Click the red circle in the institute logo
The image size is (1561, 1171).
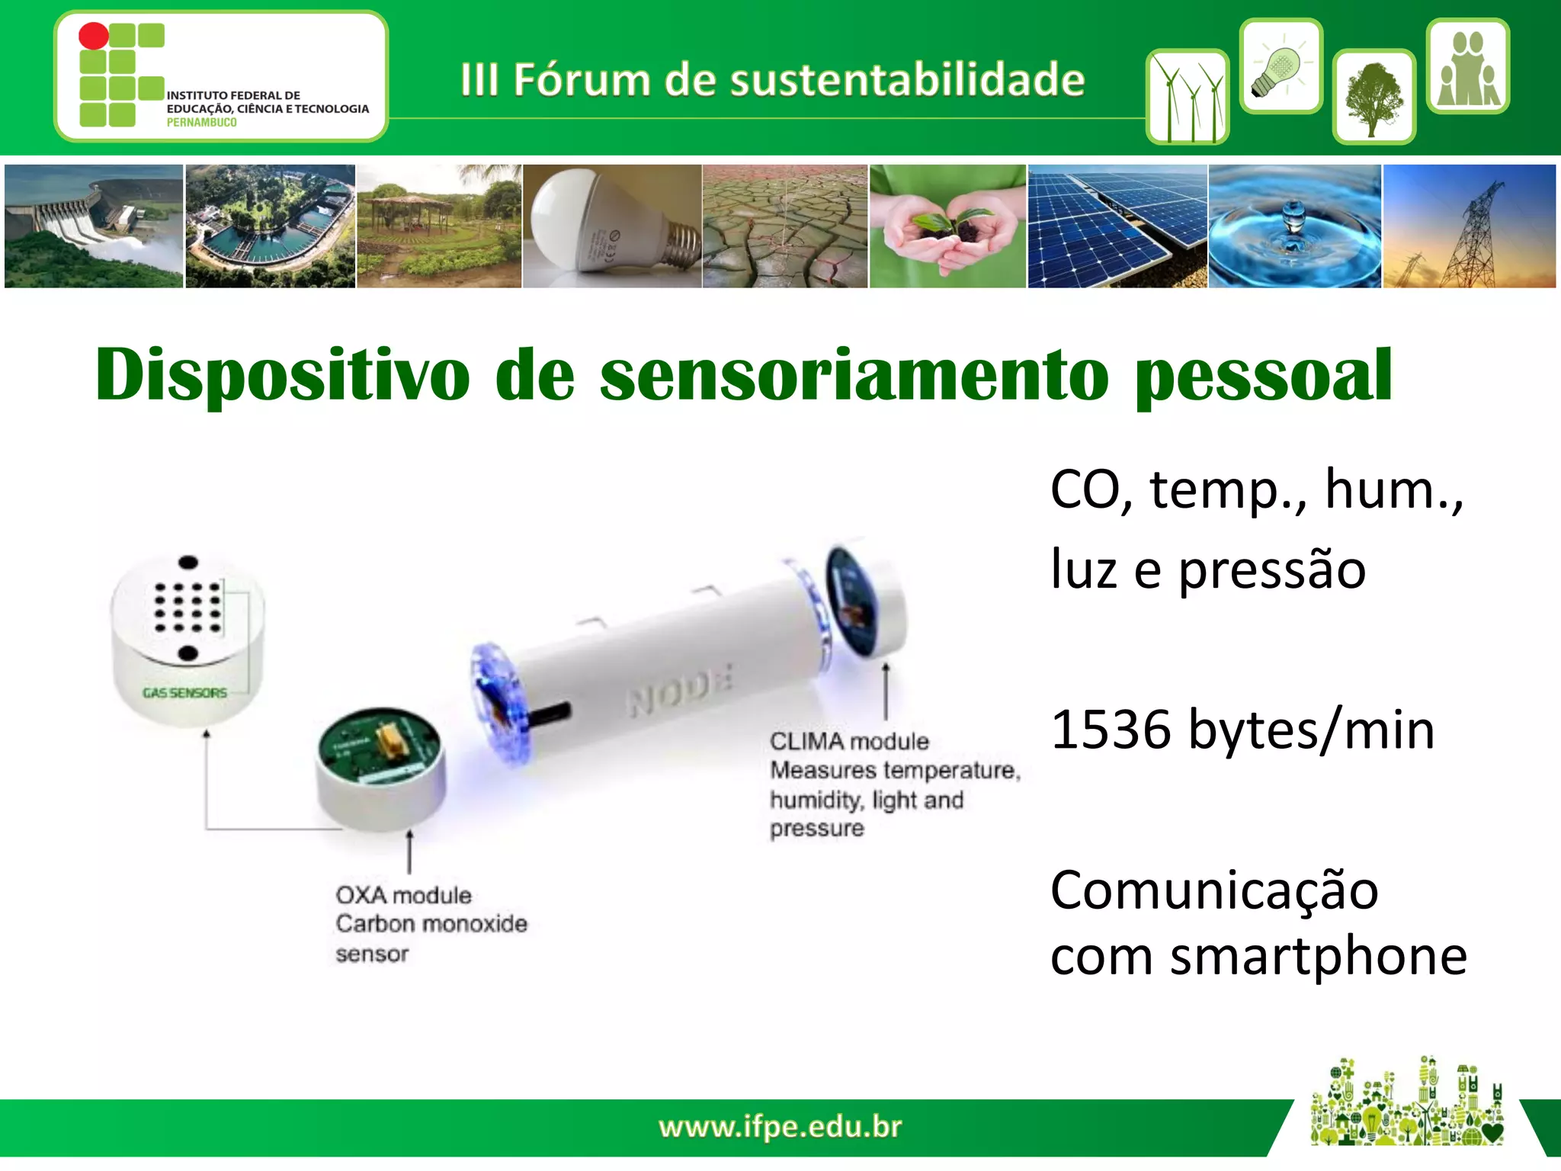click(94, 36)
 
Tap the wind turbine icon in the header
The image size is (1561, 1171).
click(1187, 98)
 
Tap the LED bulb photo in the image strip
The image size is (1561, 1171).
click(612, 226)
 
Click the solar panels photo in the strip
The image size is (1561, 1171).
click(1117, 226)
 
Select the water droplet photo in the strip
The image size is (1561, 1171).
click(1294, 226)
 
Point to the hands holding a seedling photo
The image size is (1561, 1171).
click(947, 226)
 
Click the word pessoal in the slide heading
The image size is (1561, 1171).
click(1263, 375)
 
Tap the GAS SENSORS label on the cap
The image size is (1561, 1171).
click(185, 693)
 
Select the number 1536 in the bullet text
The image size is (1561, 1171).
click(1110, 730)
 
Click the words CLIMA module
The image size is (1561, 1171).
click(849, 741)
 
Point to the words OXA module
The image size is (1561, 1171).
click(403, 895)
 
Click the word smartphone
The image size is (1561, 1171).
click(1318, 956)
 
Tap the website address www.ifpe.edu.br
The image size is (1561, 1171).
click(780, 1127)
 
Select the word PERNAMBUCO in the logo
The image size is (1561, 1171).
click(201, 123)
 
